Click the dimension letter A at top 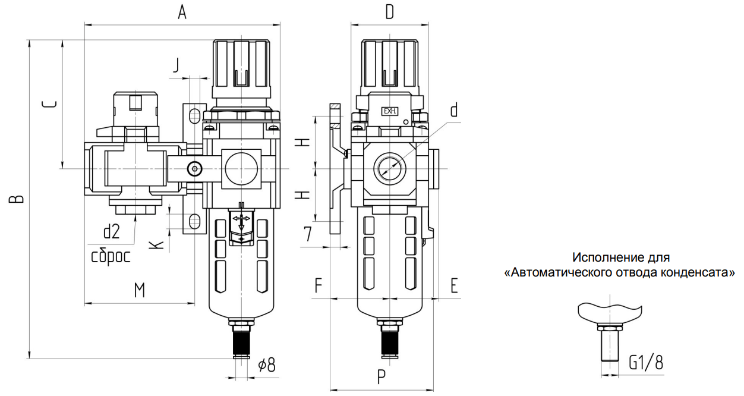pos(182,12)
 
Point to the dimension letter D pos(389,12)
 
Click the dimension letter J pos(175,65)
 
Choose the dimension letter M pos(139,290)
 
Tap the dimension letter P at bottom pos(382,376)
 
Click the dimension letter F pos(319,285)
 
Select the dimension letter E pos(454,285)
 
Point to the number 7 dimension pos(307,234)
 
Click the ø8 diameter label pos(267,364)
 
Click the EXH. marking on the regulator pos(390,111)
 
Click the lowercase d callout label pos(454,111)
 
